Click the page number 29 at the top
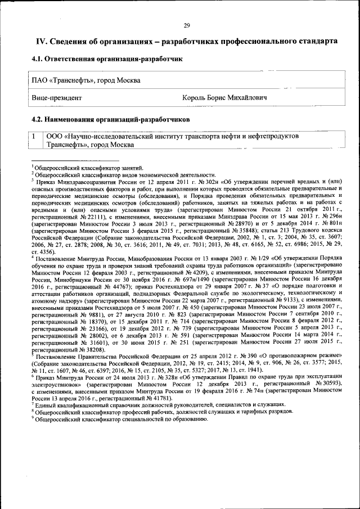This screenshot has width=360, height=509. pos(187,25)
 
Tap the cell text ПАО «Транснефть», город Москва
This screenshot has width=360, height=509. pos(85,80)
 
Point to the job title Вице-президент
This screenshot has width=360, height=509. pos(56,98)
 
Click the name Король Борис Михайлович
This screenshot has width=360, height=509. pos(224,98)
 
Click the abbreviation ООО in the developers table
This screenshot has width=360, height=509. pos(55,136)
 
